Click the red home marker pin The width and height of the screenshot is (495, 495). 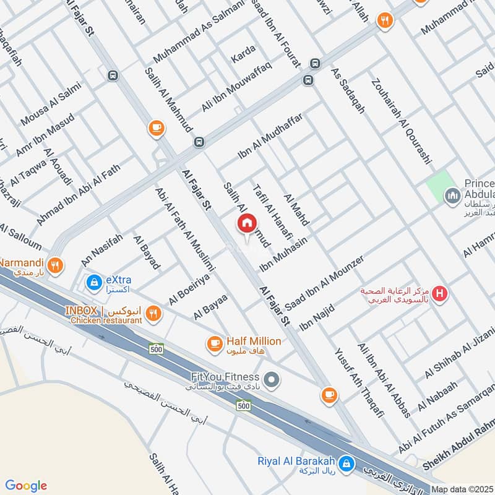246,223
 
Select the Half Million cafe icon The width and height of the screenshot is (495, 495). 215,342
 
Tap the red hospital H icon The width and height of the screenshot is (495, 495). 440,293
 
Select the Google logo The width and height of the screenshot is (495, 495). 26,486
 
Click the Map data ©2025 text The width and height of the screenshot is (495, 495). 462,489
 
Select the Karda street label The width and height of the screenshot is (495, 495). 243,58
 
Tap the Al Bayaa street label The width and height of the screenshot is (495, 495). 210,306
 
